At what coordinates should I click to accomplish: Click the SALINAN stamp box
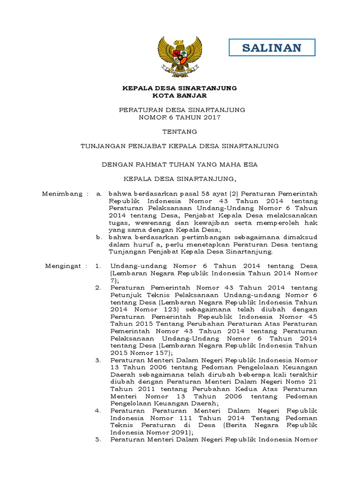click(x=272, y=47)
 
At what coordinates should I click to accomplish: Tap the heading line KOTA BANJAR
click(x=180, y=96)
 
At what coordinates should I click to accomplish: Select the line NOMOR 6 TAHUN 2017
click(x=180, y=117)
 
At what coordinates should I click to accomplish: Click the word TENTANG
click(x=180, y=132)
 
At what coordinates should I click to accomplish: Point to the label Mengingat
click(x=64, y=266)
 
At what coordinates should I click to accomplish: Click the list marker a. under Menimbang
click(x=99, y=193)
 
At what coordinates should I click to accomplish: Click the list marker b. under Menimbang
click(x=99, y=237)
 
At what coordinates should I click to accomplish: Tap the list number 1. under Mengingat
click(x=98, y=266)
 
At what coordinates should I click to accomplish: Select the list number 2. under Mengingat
click(x=98, y=287)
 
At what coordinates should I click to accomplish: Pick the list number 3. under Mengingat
click(x=98, y=360)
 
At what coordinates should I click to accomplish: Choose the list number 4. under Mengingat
click(x=98, y=411)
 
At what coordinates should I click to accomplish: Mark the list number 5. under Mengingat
click(x=98, y=440)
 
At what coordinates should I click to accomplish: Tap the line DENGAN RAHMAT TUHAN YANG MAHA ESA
click(x=180, y=165)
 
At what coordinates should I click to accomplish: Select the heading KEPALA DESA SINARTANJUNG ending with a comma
click(x=180, y=179)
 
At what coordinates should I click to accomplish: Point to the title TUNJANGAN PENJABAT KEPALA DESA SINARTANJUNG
click(x=180, y=146)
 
